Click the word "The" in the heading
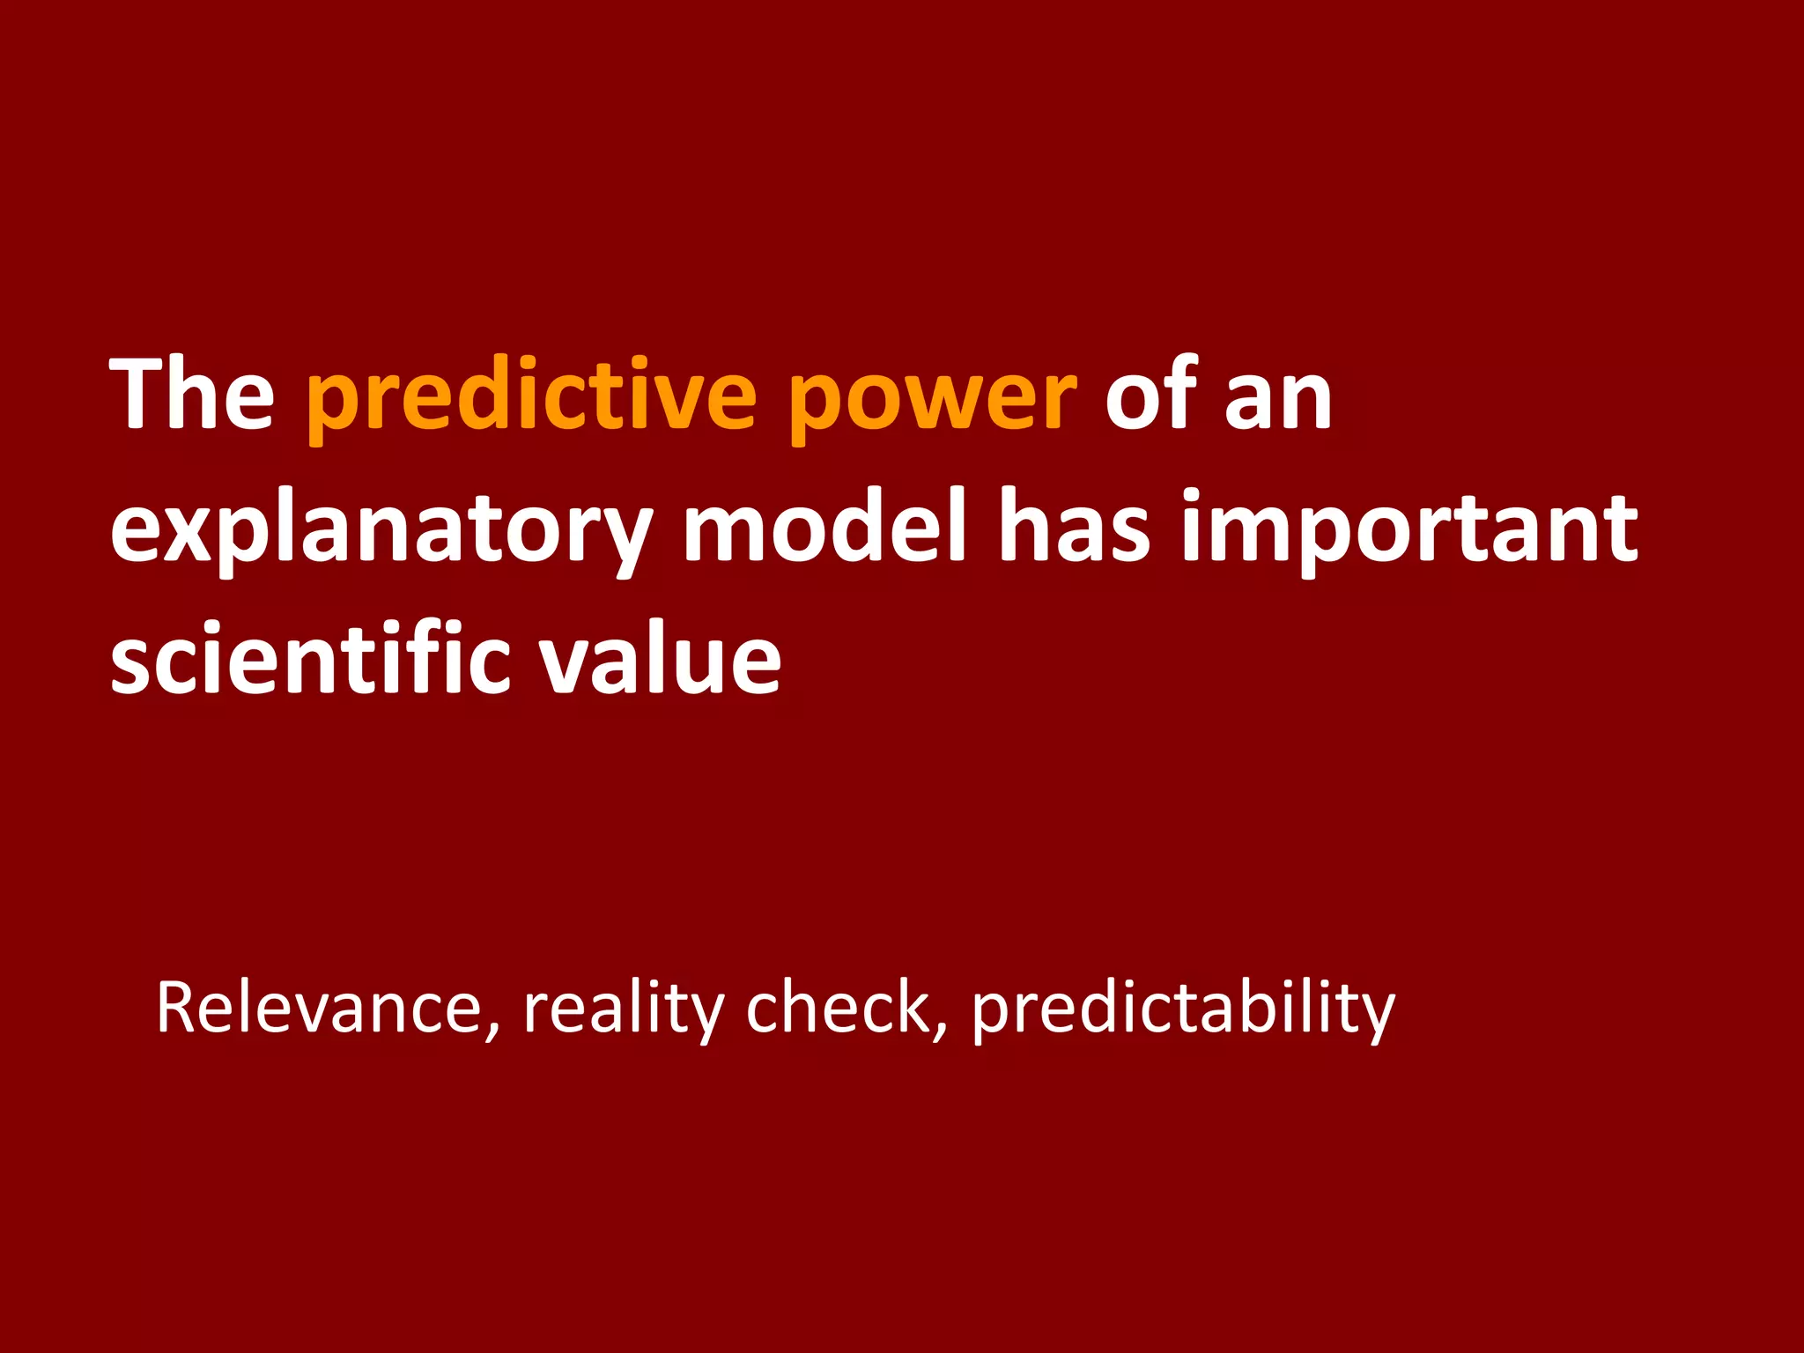pos(192,395)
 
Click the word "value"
pos(661,659)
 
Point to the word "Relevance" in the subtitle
pos(318,1008)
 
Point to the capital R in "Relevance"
pos(175,1006)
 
